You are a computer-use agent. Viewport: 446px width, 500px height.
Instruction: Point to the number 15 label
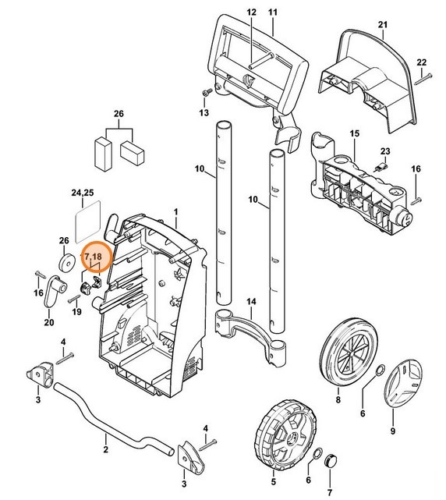pos(354,134)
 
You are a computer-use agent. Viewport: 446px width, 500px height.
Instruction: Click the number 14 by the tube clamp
pos(251,302)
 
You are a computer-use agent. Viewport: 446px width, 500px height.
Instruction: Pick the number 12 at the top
pos(251,13)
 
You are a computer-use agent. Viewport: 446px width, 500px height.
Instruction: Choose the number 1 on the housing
pos(176,212)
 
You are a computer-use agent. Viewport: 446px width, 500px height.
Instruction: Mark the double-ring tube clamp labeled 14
pos(251,326)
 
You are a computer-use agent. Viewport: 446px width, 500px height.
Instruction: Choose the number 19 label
pos(76,312)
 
